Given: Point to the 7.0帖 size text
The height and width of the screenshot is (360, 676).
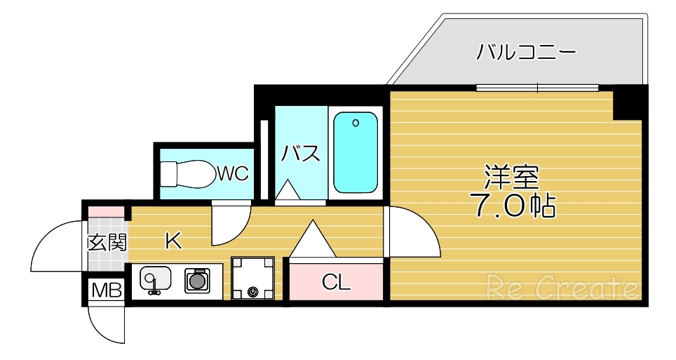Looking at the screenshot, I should (512, 206).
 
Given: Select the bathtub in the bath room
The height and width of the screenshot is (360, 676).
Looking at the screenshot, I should (356, 153).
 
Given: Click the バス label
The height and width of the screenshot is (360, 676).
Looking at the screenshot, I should (302, 153).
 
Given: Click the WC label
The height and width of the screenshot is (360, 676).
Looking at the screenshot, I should (232, 173).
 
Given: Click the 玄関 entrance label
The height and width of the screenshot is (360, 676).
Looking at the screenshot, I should (107, 243).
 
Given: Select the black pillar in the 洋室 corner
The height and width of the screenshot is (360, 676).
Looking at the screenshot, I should (628, 102).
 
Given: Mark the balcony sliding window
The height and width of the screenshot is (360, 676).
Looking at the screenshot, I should (537, 88).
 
